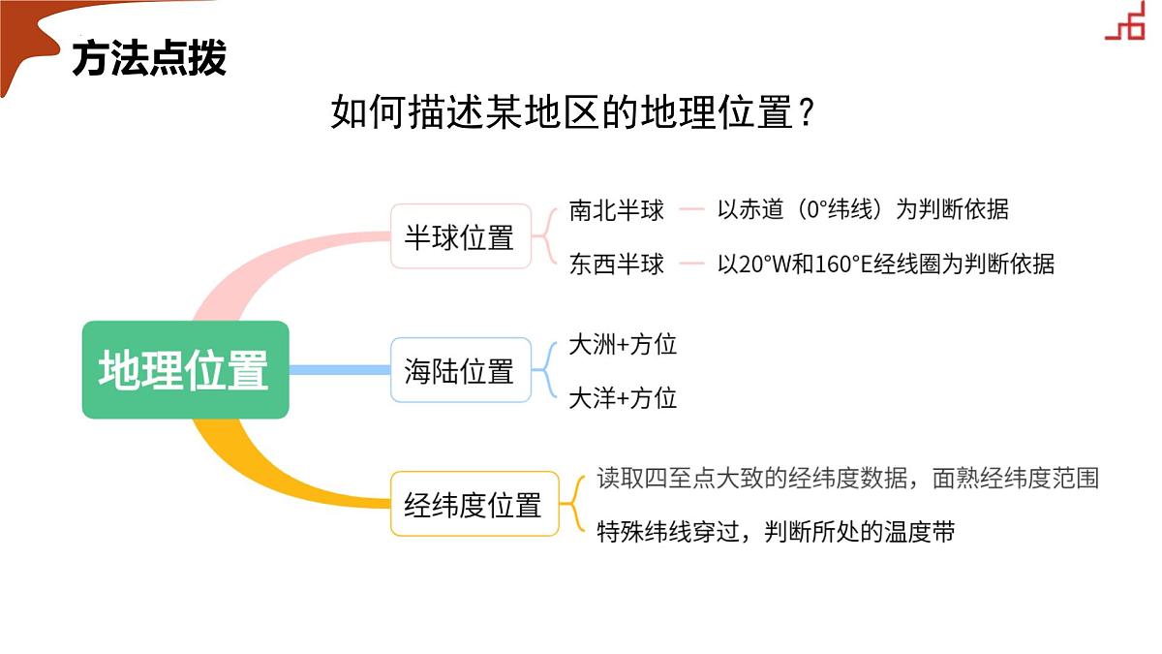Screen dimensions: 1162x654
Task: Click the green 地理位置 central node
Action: coord(185,369)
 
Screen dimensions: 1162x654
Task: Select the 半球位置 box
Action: coord(461,236)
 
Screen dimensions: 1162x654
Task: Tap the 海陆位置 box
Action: coord(461,370)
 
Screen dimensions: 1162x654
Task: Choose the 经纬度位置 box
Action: coord(474,504)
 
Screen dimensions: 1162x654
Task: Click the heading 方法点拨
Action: coord(149,58)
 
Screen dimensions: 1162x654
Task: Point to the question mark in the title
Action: coord(806,111)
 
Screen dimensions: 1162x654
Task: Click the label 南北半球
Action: coord(616,210)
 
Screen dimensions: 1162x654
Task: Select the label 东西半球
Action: coord(616,265)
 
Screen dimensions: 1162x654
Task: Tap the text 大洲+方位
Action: coord(623,345)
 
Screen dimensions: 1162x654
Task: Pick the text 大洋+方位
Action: coord(623,398)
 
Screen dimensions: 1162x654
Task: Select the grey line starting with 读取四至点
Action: coord(847,478)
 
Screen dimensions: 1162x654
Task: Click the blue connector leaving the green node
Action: coord(340,370)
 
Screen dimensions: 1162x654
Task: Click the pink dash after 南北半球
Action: coord(691,209)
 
